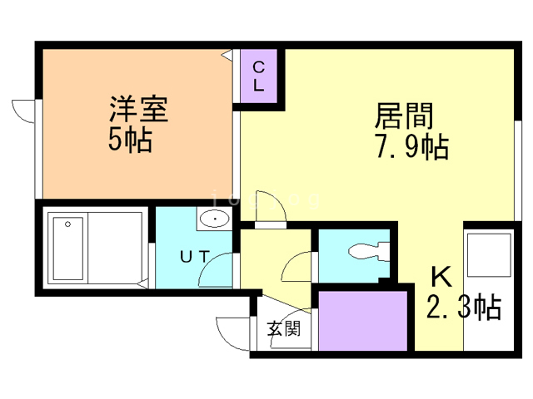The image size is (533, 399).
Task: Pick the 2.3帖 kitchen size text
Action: click(464, 308)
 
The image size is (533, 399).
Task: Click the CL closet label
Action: click(258, 76)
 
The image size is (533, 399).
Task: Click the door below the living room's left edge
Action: click(271, 215)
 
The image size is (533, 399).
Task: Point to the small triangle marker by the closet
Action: click(227, 55)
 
